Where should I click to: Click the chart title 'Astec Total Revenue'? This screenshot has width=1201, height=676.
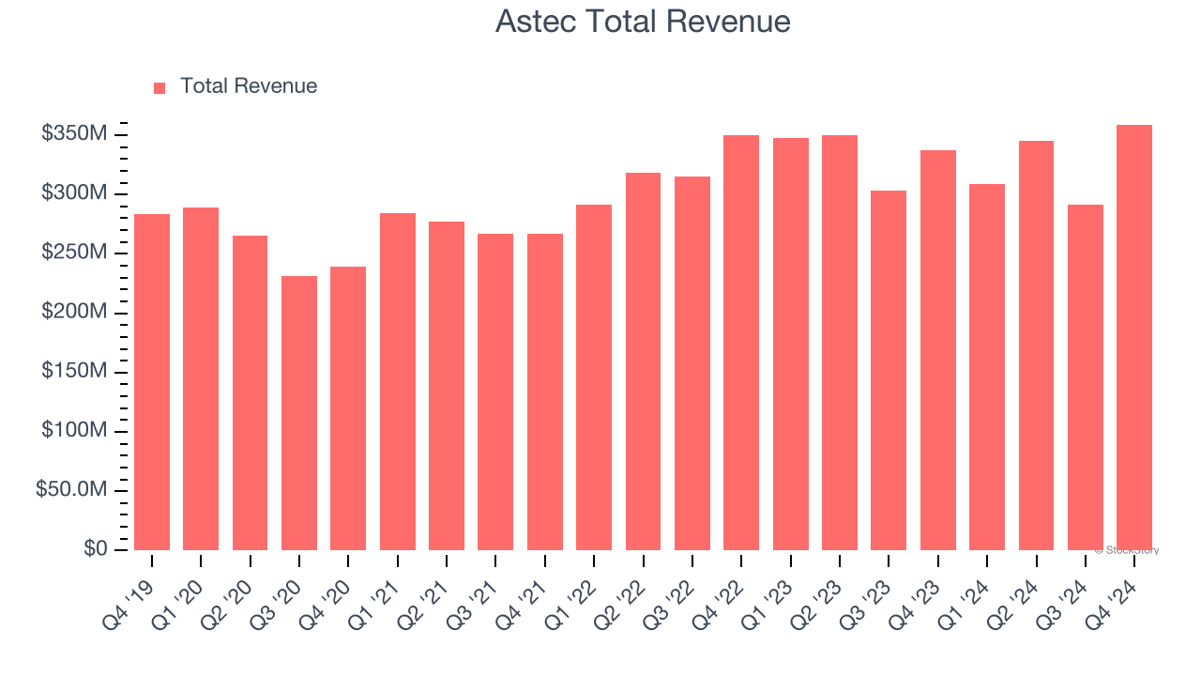[x=643, y=22]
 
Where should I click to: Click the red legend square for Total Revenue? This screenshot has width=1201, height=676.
[x=160, y=87]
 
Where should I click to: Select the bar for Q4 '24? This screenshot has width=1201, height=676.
[x=1134, y=337]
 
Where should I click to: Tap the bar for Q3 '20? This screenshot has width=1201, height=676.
[x=299, y=413]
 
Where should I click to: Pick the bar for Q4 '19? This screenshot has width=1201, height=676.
[x=152, y=382]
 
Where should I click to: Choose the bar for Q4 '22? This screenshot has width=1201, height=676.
[x=741, y=343]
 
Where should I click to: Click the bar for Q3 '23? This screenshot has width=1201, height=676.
[x=889, y=370]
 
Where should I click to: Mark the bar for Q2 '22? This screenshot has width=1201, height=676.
[x=643, y=361]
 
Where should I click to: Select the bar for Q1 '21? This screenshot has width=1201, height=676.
[x=398, y=381]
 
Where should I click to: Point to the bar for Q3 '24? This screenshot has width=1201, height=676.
[x=1086, y=377]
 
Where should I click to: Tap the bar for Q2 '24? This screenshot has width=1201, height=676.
[x=1036, y=346]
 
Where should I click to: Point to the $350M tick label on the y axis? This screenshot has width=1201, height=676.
[x=74, y=134]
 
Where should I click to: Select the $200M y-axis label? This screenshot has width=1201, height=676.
[x=74, y=312]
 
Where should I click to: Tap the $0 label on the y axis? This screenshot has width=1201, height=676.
[x=96, y=548]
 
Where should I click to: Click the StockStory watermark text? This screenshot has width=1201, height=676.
[x=1126, y=550]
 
